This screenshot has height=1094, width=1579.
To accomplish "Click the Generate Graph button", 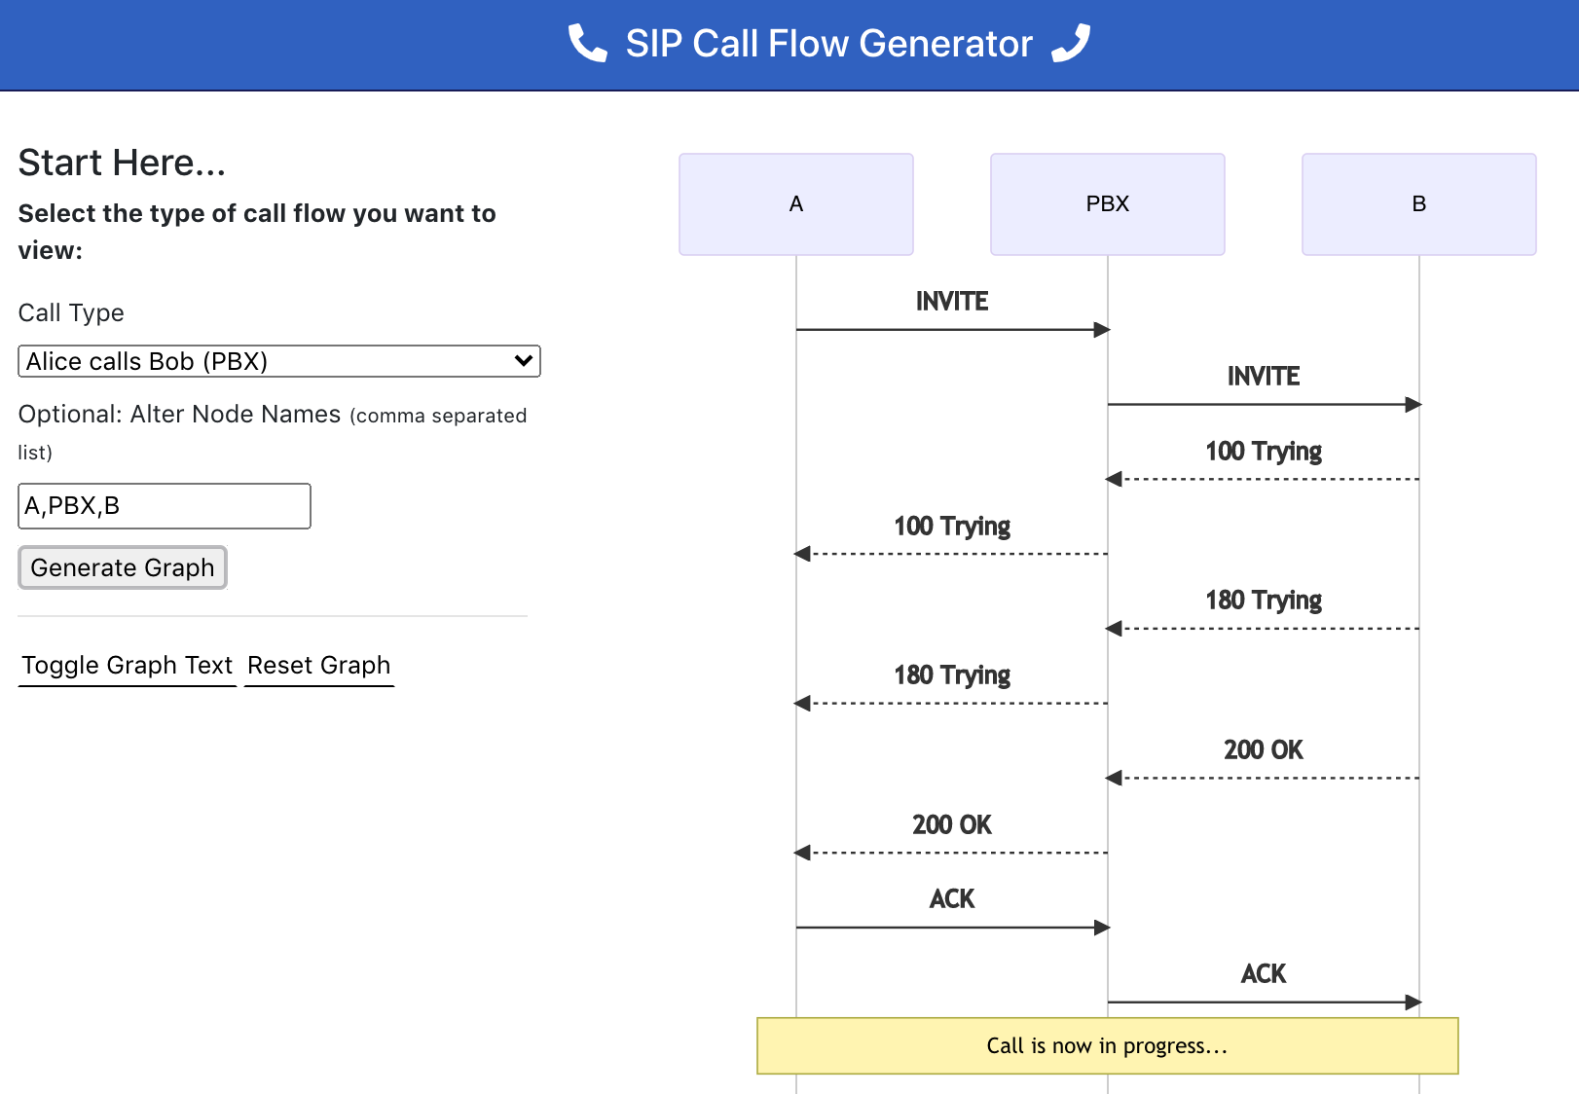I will [x=123, y=567].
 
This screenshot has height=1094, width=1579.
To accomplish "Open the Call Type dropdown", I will [x=278, y=361].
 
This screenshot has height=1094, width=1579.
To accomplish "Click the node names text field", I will [x=164, y=506].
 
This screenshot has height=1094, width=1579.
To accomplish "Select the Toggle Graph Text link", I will [x=127, y=666].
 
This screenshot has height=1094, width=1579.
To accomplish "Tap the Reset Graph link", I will [x=318, y=666].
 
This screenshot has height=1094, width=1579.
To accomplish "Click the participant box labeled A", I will [x=795, y=204].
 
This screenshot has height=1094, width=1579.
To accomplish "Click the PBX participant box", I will [x=1107, y=204].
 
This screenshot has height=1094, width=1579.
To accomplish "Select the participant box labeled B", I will [x=1418, y=204].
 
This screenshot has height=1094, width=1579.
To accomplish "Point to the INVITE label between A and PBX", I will [x=951, y=302].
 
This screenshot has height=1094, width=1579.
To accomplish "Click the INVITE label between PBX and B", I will [x=1263, y=377].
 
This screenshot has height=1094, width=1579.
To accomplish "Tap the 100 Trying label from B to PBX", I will [x=1263, y=452].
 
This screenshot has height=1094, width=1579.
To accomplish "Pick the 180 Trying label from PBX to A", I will [x=951, y=675].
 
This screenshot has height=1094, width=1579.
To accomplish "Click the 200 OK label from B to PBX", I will [x=1263, y=750].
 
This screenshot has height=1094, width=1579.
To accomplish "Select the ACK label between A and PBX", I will [x=951, y=899].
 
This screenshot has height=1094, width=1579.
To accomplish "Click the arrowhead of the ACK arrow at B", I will [x=1414, y=1002].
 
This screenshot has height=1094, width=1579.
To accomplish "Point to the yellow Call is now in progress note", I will [x=1107, y=1046].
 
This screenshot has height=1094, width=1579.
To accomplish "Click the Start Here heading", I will [x=122, y=163].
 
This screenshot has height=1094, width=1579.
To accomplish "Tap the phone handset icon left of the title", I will [x=587, y=44].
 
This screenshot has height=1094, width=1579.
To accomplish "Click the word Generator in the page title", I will [x=945, y=44].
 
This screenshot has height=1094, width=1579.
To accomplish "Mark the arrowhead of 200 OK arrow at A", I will [x=802, y=853].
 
